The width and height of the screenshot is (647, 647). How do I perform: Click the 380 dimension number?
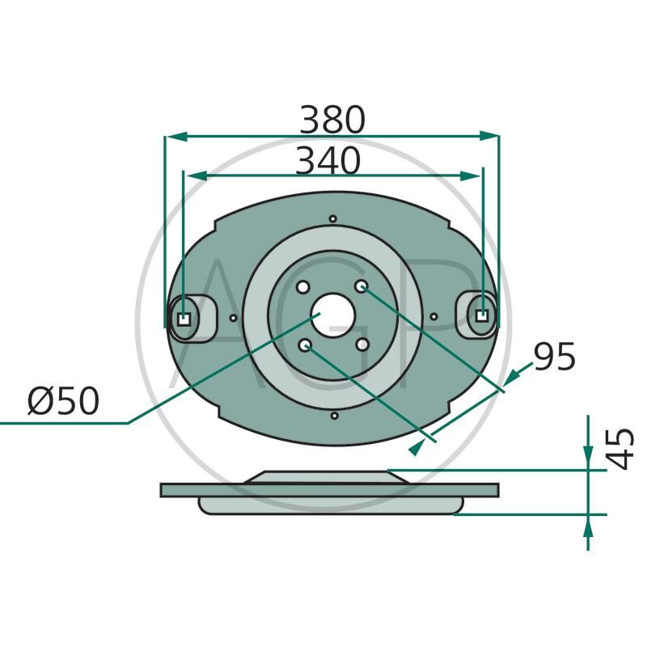[332, 121]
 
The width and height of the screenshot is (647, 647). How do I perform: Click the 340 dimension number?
[327, 162]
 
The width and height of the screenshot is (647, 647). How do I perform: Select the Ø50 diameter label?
[62, 402]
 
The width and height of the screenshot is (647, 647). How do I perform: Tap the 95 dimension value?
[554, 357]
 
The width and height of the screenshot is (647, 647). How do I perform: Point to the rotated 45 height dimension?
[621, 449]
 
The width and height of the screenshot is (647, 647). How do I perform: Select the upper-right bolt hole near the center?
[362, 287]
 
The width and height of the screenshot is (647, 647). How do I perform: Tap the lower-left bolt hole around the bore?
[305, 345]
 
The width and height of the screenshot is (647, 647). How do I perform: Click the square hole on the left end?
[184, 317]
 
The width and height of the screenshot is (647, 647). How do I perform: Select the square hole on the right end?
[483, 316]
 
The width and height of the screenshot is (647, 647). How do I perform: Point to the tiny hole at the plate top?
[332, 218]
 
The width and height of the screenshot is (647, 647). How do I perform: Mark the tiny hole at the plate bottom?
[333, 416]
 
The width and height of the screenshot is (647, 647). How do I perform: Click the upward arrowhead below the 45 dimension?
[588, 524]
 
